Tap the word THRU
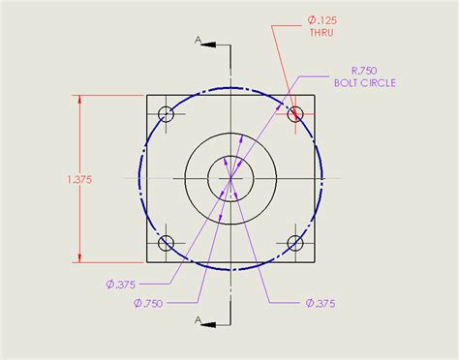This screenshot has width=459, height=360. coord(321,33)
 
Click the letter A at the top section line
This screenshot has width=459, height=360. coord(198,41)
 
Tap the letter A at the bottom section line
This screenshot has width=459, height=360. coord(198,318)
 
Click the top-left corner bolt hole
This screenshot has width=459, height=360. coord(166,113)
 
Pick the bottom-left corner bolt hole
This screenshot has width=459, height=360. coord(166,243)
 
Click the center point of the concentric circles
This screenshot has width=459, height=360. coord(230,178)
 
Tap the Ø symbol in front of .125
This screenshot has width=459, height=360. coord(311,18)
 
